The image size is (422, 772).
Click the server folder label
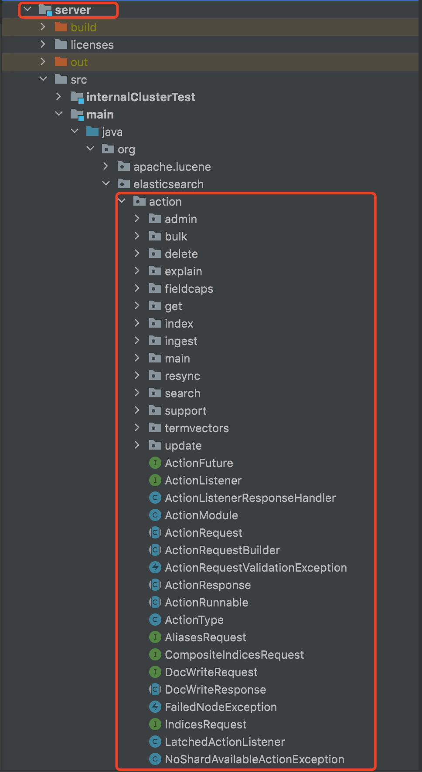tap(73, 10)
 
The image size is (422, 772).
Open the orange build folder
tap(83, 27)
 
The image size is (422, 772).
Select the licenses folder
tap(92, 45)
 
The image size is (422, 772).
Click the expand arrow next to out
tap(43, 62)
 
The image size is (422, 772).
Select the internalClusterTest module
tap(140, 97)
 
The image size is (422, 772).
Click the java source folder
tap(112, 132)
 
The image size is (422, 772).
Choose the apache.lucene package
tap(172, 167)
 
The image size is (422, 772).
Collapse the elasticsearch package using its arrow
tap(106, 184)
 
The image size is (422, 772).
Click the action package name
tap(165, 202)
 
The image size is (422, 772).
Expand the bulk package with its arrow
tap(137, 236)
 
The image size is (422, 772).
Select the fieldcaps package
tap(189, 289)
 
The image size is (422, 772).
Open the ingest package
tap(181, 341)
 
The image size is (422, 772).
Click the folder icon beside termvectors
tap(155, 428)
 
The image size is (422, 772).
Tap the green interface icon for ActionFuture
tap(155, 463)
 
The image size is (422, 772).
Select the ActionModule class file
tap(201, 515)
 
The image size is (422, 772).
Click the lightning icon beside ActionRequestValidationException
tap(155, 567)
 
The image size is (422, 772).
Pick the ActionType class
tap(194, 620)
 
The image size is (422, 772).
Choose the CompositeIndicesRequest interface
tap(234, 655)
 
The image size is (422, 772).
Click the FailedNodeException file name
tap(221, 707)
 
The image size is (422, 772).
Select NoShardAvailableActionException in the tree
tap(254, 759)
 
